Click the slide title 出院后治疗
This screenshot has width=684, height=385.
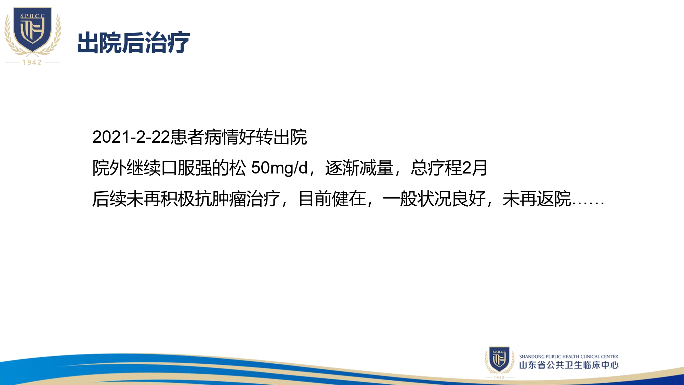[x=133, y=43]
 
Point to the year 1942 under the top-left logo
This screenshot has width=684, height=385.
[x=32, y=62]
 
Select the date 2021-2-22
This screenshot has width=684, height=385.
[x=131, y=137]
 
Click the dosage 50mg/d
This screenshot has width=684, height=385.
[x=279, y=168]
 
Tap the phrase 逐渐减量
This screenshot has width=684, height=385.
[x=359, y=168]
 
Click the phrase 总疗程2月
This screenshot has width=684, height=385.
[x=449, y=168]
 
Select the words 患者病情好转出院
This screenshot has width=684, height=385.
[x=239, y=137]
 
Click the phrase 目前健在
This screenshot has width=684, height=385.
[x=332, y=199]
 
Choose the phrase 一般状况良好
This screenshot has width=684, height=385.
[x=434, y=199]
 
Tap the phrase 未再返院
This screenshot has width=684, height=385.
[x=537, y=199]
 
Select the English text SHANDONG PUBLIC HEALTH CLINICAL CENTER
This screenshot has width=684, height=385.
[x=568, y=357]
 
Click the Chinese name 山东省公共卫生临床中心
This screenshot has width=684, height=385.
[x=569, y=365]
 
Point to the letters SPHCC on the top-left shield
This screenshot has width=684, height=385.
[x=32, y=16]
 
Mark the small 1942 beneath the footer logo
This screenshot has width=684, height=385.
[x=499, y=377]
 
